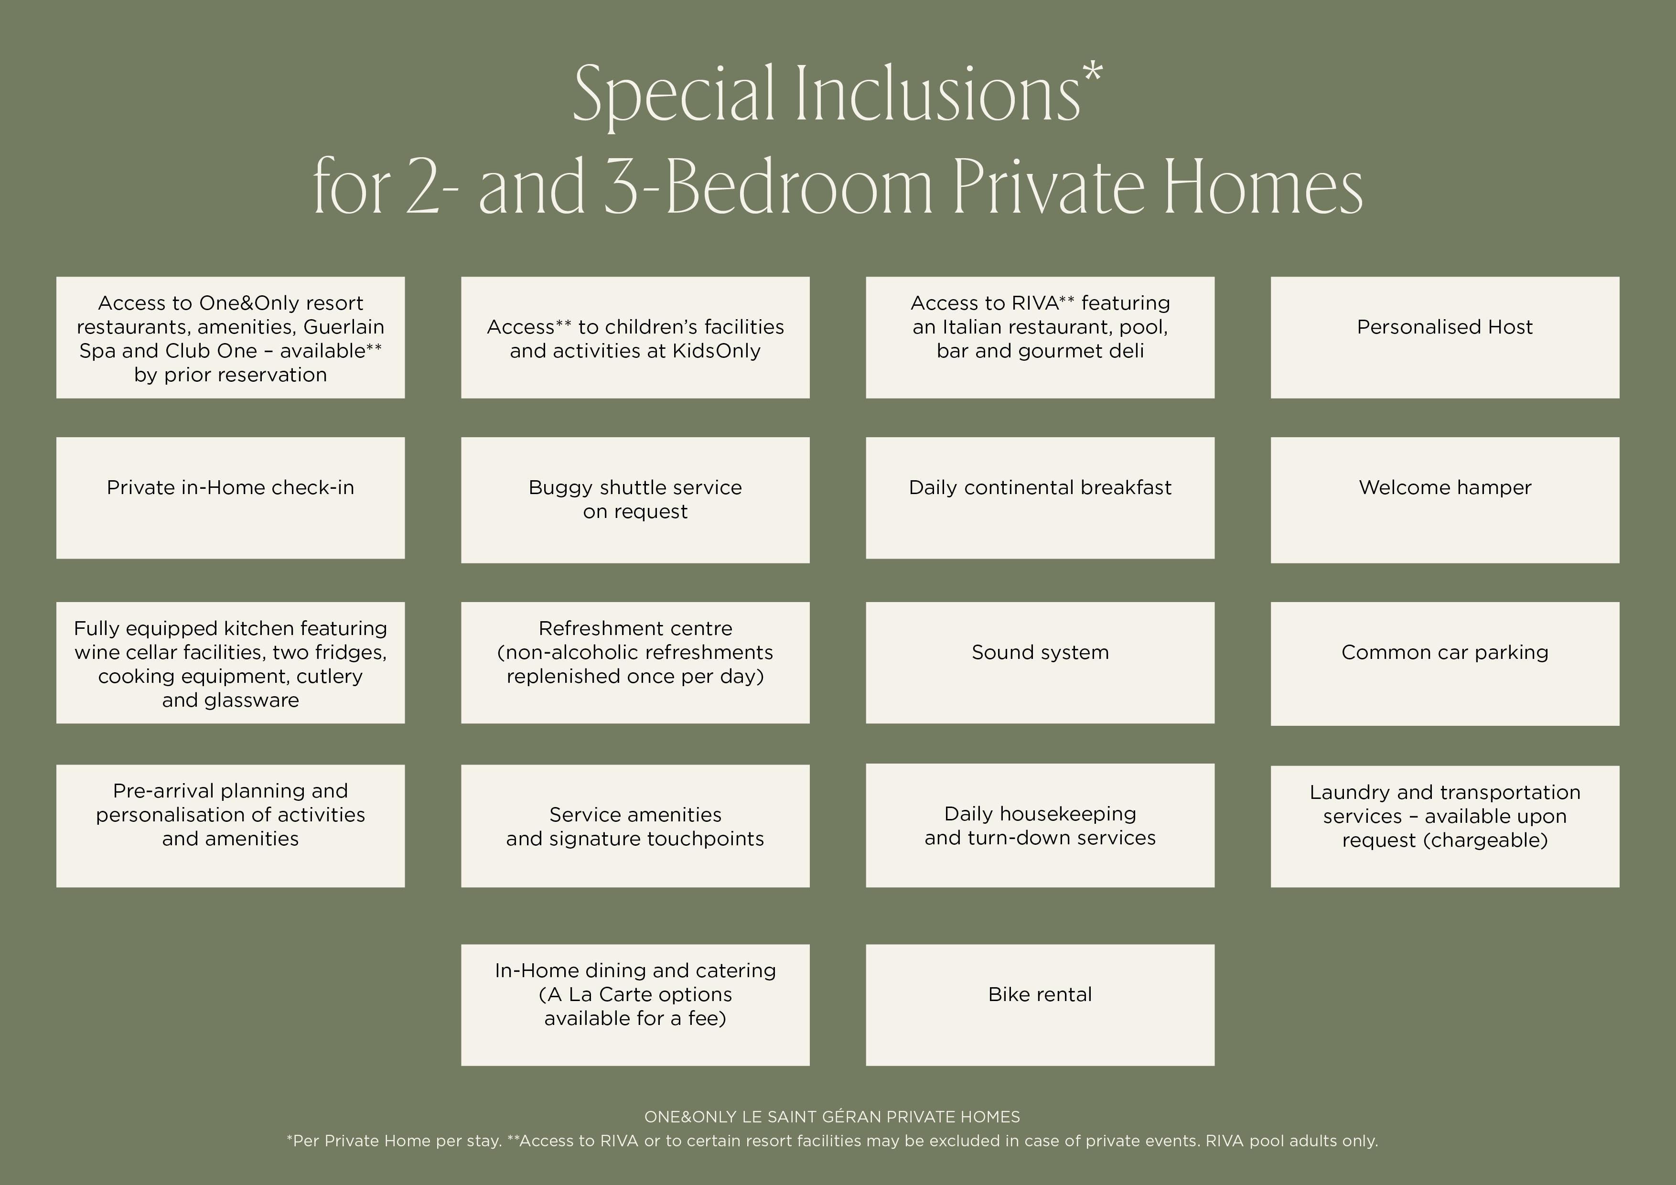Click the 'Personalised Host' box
(x=1445, y=337)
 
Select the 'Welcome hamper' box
(x=1445, y=500)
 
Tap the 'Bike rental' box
(x=1040, y=1005)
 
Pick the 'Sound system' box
(x=1040, y=663)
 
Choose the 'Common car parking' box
(x=1445, y=664)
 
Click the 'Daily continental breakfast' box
(x=1040, y=498)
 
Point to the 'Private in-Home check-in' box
(x=231, y=498)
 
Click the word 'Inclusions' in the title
(x=937, y=95)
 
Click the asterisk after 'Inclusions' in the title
(x=1093, y=74)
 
